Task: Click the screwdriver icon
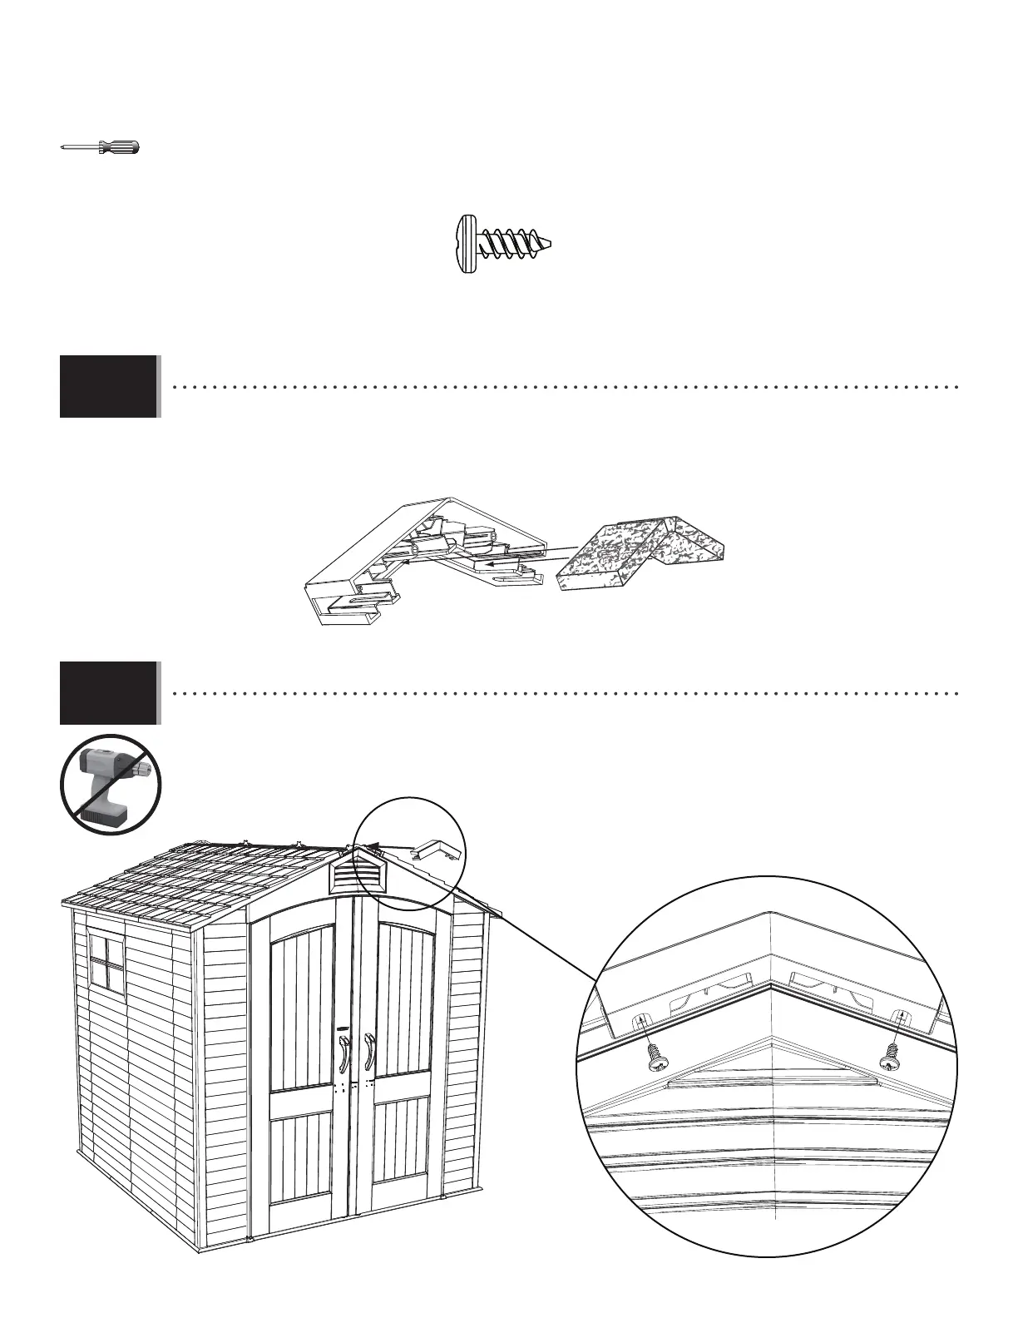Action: (x=101, y=148)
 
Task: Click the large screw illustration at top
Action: (x=504, y=244)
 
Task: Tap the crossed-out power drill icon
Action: (x=111, y=785)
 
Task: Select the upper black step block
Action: (x=108, y=386)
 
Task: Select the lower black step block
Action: (x=108, y=693)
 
